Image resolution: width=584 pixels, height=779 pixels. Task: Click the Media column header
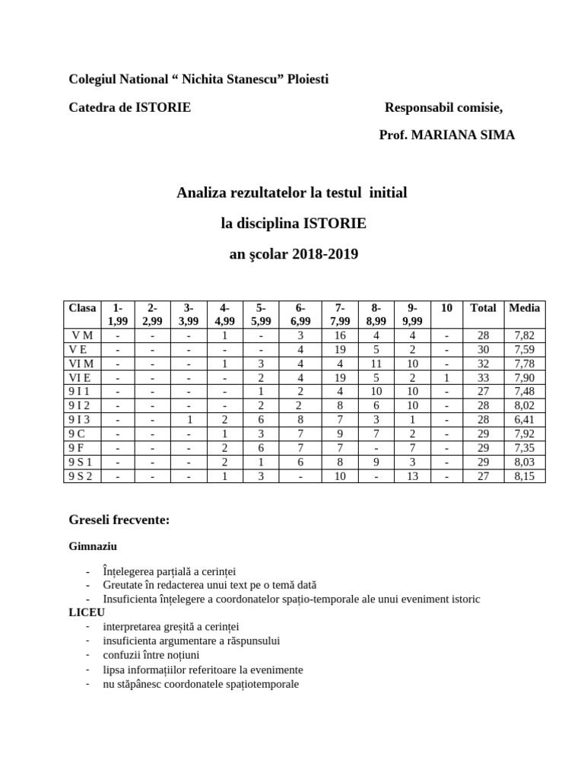pyautogui.click(x=524, y=308)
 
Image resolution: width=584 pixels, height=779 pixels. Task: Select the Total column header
pyautogui.click(x=483, y=308)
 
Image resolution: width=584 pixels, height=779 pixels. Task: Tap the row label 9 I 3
pyautogui.click(x=79, y=419)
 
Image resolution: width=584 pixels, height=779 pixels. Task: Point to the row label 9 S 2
pyautogui.click(x=80, y=476)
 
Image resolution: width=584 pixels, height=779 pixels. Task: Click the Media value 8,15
pyautogui.click(x=524, y=476)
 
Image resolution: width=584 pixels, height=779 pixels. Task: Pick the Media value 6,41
pyautogui.click(x=524, y=419)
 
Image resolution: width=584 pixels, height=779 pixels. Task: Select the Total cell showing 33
pyautogui.click(x=483, y=377)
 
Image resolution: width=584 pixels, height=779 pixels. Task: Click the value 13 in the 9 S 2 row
pyautogui.click(x=412, y=476)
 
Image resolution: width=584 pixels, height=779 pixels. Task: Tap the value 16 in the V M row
pyautogui.click(x=340, y=335)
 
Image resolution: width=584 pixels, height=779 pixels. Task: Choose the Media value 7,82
pyautogui.click(x=524, y=335)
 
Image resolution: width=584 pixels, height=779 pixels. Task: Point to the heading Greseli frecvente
pyautogui.click(x=119, y=520)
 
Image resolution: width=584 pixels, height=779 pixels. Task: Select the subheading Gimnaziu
pyautogui.click(x=93, y=546)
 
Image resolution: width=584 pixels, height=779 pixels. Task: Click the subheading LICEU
pyautogui.click(x=87, y=612)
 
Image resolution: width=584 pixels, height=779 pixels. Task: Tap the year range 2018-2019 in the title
pyautogui.click(x=324, y=254)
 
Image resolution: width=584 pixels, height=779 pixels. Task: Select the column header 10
pyautogui.click(x=446, y=308)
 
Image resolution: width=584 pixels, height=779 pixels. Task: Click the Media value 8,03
pyautogui.click(x=524, y=462)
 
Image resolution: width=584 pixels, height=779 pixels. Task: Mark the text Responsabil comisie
pyautogui.click(x=443, y=107)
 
